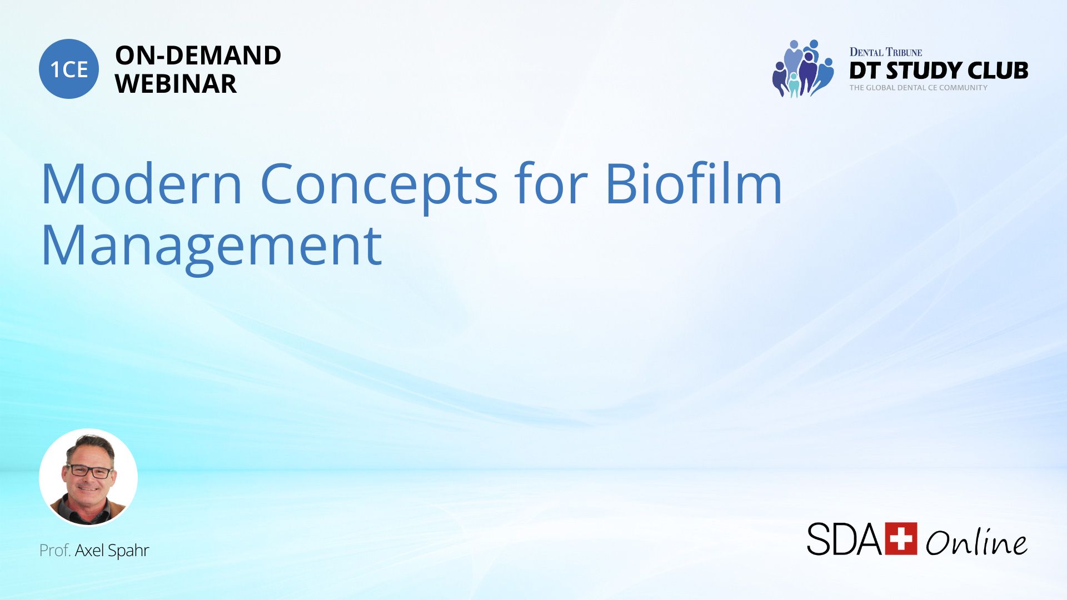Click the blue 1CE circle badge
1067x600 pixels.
point(69,69)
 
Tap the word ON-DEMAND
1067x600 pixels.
point(198,56)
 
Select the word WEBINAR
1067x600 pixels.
point(176,84)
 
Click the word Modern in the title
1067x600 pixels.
point(142,183)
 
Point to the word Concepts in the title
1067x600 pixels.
point(379,186)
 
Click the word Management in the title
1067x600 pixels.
point(212,247)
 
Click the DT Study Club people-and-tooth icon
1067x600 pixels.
point(803,68)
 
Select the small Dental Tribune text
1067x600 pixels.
point(886,52)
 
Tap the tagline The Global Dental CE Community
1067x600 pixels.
point(919,88)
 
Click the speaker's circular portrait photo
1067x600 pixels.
point(88,477)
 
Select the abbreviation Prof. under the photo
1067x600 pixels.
point(55,550)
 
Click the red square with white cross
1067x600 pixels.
point(901,538)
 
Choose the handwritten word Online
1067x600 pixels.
point(976,542)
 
